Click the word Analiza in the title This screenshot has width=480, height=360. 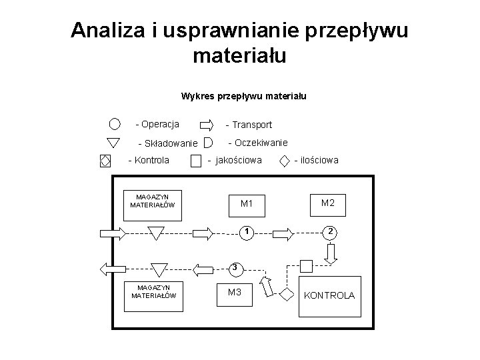click(x=106, y=31)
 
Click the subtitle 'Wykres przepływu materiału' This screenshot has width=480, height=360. click(x=243, y=96)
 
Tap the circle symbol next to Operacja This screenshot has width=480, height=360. click(x=115, y=124)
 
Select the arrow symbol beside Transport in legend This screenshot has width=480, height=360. click(x=207, y=125)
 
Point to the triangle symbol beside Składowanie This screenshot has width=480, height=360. click(x=113, y=142)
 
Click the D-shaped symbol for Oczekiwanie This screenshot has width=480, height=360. click(x=208, y=142)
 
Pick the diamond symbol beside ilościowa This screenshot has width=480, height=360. click(x=285, y=160)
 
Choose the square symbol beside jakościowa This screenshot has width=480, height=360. click(x=195, y=161)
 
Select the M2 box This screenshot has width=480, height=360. click(x=328, y=202)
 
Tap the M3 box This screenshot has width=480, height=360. click(x=235, y=293)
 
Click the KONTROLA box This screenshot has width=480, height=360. click(x=329, y=295)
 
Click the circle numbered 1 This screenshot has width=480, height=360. click(x=246, y=232)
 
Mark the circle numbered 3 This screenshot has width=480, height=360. click(x=234, y=268)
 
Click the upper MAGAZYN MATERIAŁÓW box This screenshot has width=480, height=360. click(x=152, y=201)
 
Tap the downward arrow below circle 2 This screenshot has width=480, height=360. click(x=331, y=253)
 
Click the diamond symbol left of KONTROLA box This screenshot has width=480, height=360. click(x=287, y=293)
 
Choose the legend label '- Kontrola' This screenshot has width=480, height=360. click(x=148, y=160)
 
